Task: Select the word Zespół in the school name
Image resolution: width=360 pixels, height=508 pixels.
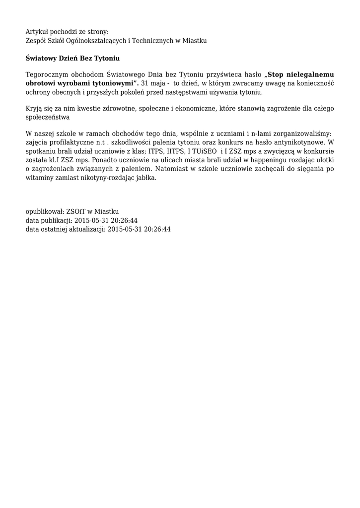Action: [x=36, y=40]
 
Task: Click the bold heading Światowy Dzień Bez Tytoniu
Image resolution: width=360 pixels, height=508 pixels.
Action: [x=72, y=58]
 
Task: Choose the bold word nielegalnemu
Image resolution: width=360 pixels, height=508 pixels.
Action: [x=312, y=75]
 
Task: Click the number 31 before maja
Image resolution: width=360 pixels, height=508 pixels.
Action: [x=145, y=83]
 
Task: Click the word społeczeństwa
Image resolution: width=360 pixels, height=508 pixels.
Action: [x=47, y=117]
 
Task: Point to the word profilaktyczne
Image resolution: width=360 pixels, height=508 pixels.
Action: [x=72, y=142]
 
